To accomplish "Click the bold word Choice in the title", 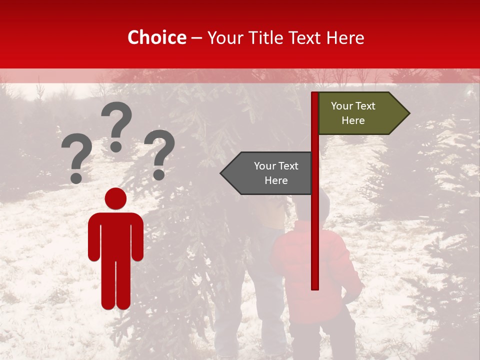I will (156, 38).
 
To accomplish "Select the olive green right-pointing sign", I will (357, 113).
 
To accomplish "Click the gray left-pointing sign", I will (270, 173).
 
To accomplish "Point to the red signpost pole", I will (314, 225).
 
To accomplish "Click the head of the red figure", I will (115, 198).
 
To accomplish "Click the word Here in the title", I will (345, 38).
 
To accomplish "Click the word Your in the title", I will (223, 38).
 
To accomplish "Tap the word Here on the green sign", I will (353, 120).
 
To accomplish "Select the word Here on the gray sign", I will (276, 180).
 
